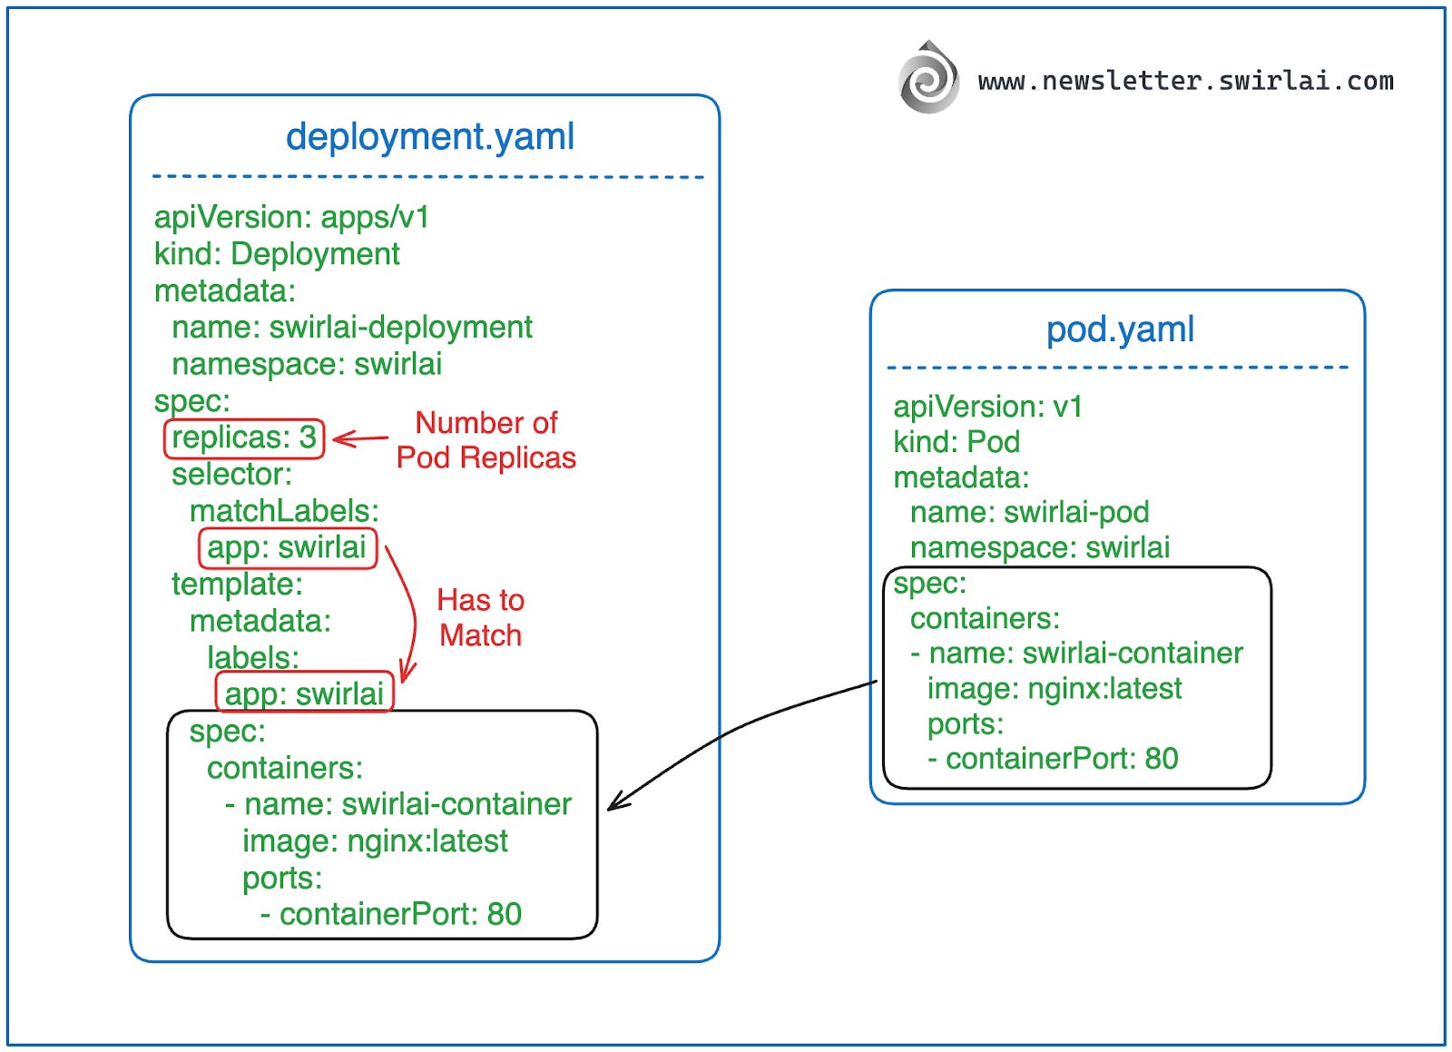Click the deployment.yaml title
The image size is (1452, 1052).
point(429,137)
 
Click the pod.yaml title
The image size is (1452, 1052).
point(1119,329)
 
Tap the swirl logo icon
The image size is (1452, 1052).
point(927,79)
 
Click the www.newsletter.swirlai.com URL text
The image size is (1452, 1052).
point(1185,81)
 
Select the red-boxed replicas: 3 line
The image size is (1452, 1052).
point(243,438)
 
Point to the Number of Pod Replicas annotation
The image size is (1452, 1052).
point(486,440)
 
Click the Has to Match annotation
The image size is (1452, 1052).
point(480,617)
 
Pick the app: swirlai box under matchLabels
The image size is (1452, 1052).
point(287,548)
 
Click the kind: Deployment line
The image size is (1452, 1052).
point(277,254)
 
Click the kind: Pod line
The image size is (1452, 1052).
point(957,442)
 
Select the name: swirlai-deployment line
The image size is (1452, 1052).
point(352,327)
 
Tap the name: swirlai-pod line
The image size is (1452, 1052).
point(1029,512)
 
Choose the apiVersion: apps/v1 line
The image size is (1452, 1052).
point(291,218)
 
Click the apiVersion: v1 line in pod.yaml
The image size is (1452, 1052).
point(987,407)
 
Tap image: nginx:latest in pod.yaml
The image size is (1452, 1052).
point(1054,689)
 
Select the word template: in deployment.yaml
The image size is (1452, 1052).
point(237,585)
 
